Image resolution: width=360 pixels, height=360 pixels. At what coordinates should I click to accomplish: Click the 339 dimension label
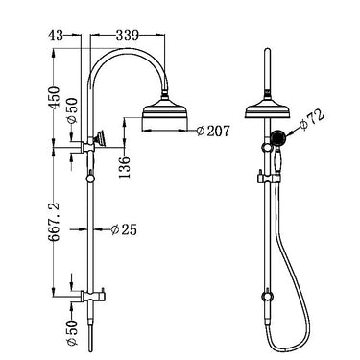pos(127,36)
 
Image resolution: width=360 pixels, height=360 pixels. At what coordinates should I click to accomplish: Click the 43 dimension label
pos(56,36)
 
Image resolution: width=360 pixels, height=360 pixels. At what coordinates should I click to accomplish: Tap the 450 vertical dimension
pos(54,98)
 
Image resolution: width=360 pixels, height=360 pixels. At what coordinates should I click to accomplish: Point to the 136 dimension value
pos(125,167)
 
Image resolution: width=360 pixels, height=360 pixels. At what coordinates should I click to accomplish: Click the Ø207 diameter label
pos(213,131)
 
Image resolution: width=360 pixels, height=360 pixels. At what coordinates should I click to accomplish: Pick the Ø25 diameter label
pos(124,229)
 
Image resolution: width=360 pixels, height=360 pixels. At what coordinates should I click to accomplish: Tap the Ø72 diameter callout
pos(312,121)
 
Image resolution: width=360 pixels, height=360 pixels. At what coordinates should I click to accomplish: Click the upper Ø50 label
pos(73,110)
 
